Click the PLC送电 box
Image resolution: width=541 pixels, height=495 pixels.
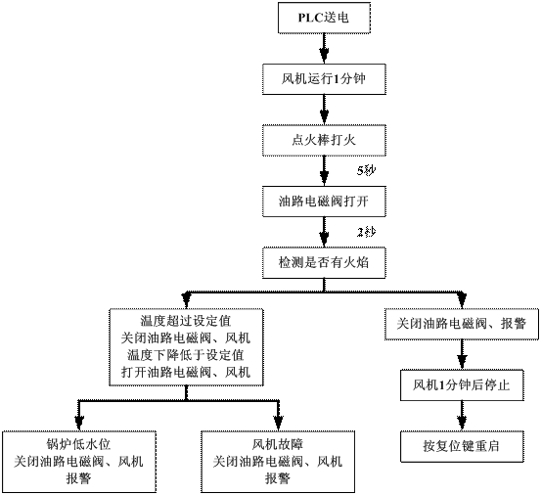(x=324, y=18)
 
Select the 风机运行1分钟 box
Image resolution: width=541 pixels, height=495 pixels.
(x=324, y=79)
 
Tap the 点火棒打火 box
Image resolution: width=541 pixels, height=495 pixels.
(x=324, y=141)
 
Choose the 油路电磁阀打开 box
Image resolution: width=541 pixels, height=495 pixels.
(x=324, y=202)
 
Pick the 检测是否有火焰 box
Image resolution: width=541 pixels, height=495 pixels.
(x=324, y=263)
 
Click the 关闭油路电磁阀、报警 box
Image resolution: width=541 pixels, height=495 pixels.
(x=462, y=324)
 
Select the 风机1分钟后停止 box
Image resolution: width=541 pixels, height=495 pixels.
(x=462, y=385)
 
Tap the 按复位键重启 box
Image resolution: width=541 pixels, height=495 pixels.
(x=462, y=446)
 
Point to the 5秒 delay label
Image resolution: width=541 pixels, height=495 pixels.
(x=366, y=170)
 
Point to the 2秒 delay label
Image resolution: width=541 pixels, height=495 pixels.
(x=366, y=232)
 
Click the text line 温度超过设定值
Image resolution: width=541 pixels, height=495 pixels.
(x=186, y=321)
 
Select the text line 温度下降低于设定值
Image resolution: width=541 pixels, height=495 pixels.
(x=186, y=355)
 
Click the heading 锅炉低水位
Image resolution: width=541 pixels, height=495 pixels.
(x=78, y=444)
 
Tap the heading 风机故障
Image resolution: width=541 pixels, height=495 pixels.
(x=278, y=444)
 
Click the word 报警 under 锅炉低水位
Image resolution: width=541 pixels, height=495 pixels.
(x=78, y=478)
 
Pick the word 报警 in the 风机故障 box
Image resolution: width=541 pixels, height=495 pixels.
(x=278, y=478)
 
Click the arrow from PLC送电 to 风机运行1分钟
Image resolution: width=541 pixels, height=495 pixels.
(x=324, y=49)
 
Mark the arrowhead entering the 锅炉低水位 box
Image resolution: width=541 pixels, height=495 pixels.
(x=79, y=424)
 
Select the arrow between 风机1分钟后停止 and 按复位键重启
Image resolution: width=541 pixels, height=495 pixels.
(x=462, y=416)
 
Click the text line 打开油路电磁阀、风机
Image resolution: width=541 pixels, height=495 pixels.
(x=186, y=373)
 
